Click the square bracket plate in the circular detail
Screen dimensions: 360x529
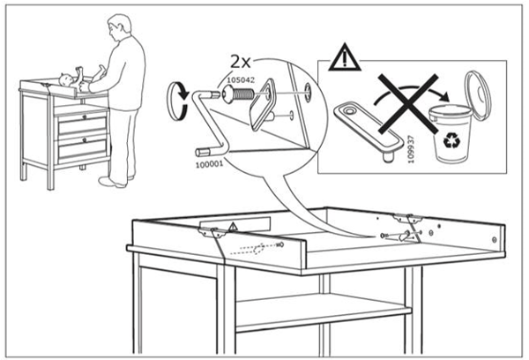pos(265,107)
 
